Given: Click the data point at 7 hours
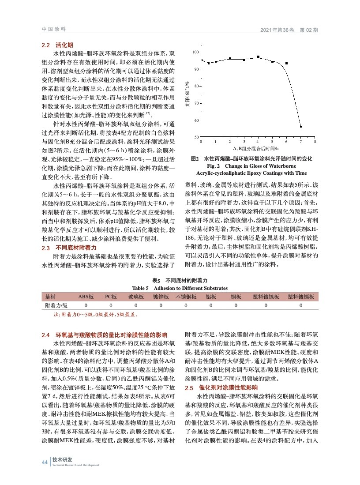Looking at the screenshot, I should [300, 127].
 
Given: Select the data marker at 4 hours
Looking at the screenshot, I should [258, 57].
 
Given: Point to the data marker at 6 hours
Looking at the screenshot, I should [286, 64].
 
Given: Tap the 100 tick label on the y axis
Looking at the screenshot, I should [196, 53].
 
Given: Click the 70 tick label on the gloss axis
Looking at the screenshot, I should [196, 103].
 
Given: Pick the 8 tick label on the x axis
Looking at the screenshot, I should [315, 141].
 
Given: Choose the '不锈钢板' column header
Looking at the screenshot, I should [186, 297].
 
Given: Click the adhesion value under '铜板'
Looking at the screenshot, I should [235, 305].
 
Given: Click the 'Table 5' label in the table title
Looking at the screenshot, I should [141, 288].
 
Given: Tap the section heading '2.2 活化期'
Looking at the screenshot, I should [57, 45].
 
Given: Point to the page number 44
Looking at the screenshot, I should [44, 462].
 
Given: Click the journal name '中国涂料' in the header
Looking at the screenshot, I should [53, 30].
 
